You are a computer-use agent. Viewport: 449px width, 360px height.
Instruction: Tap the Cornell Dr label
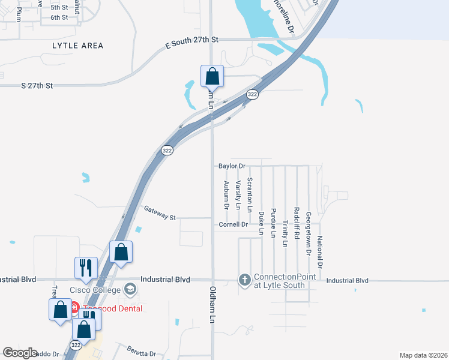pyautogui.click(x=234, y=224)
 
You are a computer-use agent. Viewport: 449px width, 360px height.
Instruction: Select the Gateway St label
pyautogui.click(x=159, y=212)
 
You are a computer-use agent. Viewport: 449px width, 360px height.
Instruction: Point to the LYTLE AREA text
pyautogui.click(x=77, y=46)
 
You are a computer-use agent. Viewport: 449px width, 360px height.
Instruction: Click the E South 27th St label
pyautogui.click(x=193, y=39)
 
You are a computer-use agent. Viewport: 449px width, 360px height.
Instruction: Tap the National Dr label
pyautogui.click(x=320, y=252)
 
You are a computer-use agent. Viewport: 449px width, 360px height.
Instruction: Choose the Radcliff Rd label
pyautogui.click(x=297, y=223)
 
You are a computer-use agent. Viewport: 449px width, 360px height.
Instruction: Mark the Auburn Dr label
pyautogui.click(x=226, y=195)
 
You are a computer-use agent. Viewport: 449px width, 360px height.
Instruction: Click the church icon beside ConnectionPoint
pyautogui.click(x=244, y=280)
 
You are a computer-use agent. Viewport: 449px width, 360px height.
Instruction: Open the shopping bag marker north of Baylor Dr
pyautogui.click(x=212, y=77)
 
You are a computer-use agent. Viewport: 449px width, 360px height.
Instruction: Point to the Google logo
pyautogui.click(x=20, y=353)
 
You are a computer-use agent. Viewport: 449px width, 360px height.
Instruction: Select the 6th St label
pyautogui.click(x=59, y=17)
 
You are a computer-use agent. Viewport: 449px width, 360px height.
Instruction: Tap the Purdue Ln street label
pyautogui.click(x=273, y=223)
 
